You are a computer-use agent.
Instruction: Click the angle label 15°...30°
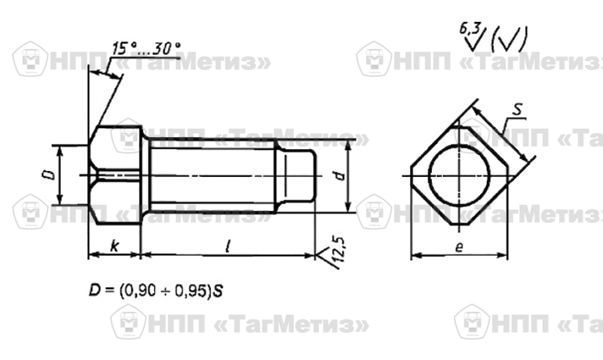pos(146,49)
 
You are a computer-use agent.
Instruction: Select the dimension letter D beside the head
pos(49,175)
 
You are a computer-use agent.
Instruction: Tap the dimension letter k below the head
pos(115,246)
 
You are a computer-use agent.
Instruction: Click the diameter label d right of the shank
pos(340,175)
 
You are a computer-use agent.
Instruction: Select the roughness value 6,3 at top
pos(469,29)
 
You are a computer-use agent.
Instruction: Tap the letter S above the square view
pos(518,109)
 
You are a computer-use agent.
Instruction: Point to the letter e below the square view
pos(459,247)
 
